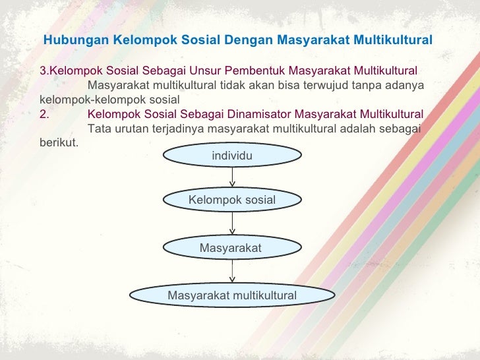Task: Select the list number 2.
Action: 44,113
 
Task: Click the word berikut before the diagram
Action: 59,142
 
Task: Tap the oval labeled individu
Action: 232,156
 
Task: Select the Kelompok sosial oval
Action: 232,199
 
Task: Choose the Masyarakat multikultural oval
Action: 232,295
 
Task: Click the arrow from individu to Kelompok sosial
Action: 232,177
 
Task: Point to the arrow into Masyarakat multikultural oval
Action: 232,271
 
